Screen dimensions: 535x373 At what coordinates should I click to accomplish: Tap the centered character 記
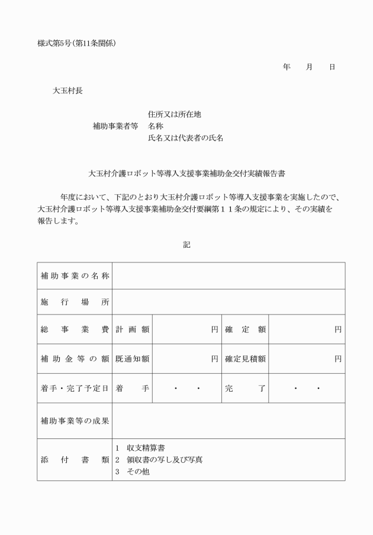(186, 244)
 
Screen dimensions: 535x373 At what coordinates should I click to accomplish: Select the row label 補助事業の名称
(75, 275)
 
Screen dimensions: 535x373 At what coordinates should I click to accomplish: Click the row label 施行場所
(75, 302)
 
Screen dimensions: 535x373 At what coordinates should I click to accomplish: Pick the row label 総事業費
(75, 329)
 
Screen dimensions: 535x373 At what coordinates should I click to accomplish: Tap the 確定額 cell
(245, 329)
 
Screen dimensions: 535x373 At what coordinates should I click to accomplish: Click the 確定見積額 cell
(245, 358)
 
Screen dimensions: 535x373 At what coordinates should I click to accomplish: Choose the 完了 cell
(245, 388)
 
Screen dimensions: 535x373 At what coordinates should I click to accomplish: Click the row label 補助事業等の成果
(75, 421)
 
